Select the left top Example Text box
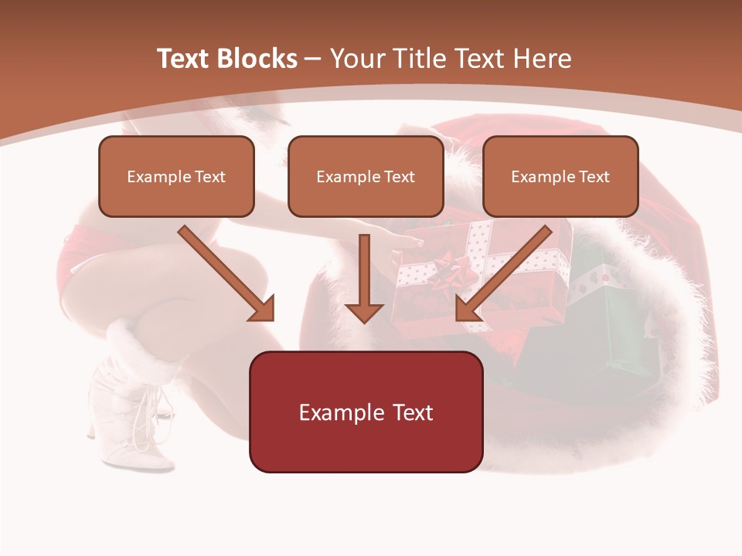(x=176, y=176)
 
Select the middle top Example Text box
(x=366, y=176)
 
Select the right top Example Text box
(x=560, y=176)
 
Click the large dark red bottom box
(x=366, y=412)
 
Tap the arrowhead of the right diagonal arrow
(x=468, y=308)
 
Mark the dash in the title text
(x=313, y=59)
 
